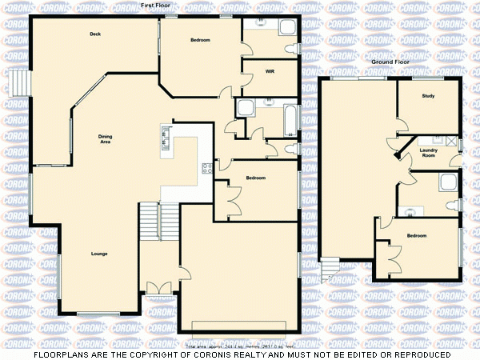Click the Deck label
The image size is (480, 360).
click(x=95, y=34)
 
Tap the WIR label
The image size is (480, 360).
click(x=270, y=71)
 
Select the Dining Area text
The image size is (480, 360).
click(x=105, y=138)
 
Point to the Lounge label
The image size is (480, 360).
click(x=99, y=254)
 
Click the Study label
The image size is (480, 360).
click(x=428, y=96)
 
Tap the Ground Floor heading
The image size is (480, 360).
click(x=390, y=61)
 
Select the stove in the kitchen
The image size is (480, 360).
click(x=206, y=167)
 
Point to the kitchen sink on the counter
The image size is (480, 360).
click(x=166, y=138)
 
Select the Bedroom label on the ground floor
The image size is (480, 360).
click(x=416, y=236)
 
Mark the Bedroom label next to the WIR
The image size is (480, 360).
click(x=200, y=39)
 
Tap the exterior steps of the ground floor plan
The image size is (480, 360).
click(x=330, y=268)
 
